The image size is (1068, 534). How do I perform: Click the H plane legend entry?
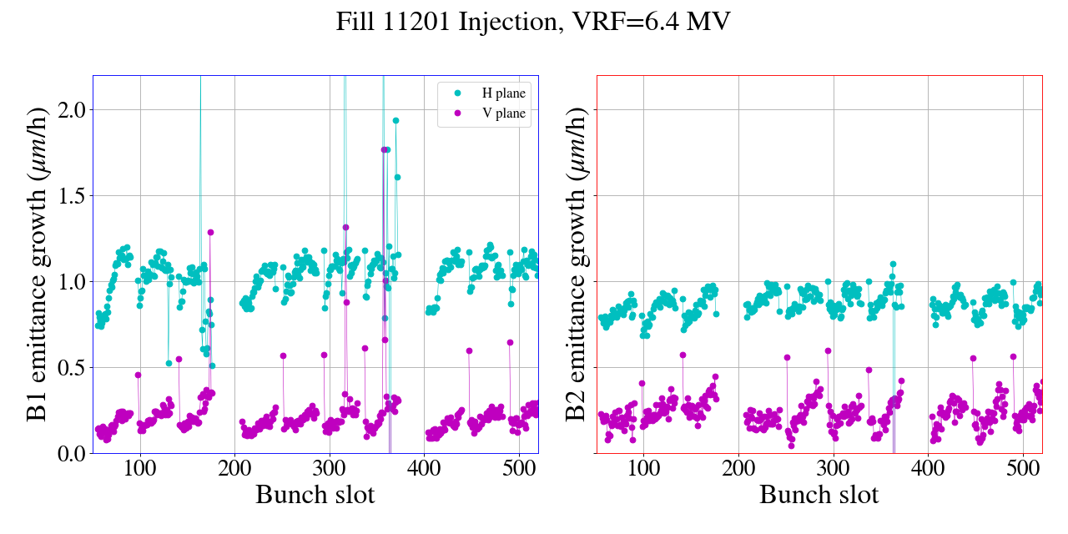[498, 93]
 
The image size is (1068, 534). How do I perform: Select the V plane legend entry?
[498, 113]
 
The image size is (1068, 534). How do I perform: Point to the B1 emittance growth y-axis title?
[38, 264]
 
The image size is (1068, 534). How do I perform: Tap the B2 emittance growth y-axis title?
[576, 264]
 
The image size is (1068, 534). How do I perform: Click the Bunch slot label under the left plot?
[315, 495]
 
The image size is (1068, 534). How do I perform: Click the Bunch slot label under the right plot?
[819, 495]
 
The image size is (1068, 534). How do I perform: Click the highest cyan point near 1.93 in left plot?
[395, 120]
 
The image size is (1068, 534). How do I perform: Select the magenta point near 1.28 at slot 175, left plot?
[211, 232]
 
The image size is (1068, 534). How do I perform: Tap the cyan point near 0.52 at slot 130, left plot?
[169, 363]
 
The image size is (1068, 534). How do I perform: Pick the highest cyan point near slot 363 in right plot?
[893, 264]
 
